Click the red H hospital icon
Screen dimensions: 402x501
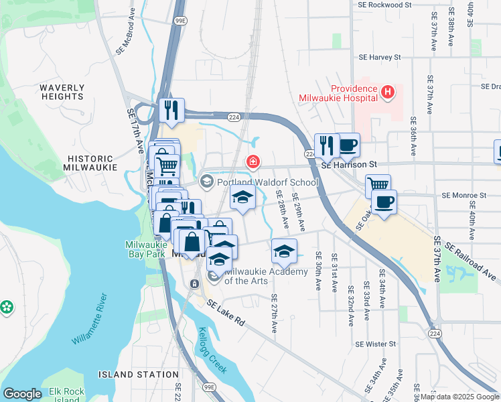(x=386, y=91)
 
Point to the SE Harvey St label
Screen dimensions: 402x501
(x=379, y=58)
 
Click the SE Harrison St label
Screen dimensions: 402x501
(x=349, y=165)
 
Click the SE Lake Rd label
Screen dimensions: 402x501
(x=225, y=313)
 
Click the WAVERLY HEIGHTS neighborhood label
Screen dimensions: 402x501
(x=62, y=92)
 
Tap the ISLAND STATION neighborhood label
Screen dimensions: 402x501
(x=129, y=374)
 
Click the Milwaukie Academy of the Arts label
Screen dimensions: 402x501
(x=264, y=276)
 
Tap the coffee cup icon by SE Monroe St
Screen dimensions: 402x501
(x=384, y=202)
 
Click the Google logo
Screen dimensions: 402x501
(x=22, y=394)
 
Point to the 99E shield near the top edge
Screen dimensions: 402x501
(x=180, y=21)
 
